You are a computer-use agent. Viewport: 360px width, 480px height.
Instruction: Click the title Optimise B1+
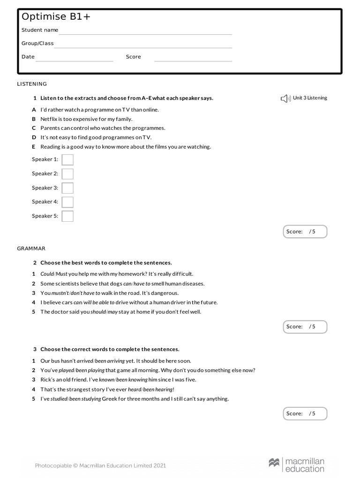[56, 17]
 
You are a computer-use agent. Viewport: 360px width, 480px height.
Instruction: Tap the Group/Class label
[37, 44]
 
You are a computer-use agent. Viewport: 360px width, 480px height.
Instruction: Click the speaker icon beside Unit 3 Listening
[285, 98]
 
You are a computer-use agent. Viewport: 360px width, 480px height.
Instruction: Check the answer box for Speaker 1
[67, 160]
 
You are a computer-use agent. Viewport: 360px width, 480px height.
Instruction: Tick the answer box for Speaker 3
[67, 188]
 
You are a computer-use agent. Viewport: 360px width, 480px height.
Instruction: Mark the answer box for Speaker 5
[67, 216]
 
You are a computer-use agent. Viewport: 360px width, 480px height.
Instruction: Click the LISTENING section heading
[32, 84]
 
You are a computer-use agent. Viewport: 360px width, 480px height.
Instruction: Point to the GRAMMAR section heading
[31, 248]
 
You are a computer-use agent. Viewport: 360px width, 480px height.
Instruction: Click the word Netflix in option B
[49, 119]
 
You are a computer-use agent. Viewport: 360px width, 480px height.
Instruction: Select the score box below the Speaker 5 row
[305, 232]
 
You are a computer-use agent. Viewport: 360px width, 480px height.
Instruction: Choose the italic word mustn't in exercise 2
[60, 293]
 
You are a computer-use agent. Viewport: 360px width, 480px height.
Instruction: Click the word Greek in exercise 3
[110, 399]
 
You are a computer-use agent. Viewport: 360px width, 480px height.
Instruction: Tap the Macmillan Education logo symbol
[274, 463]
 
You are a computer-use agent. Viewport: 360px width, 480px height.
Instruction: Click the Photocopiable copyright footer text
[100, 465]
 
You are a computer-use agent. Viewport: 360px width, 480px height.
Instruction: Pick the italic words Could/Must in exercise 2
[54, 274]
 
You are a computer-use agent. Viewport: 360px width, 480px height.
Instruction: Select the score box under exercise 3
[305, 413]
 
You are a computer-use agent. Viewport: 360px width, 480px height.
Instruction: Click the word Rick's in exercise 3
[48, 380]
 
